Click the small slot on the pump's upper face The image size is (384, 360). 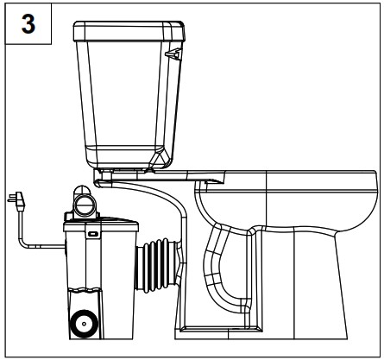point(92,233)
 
